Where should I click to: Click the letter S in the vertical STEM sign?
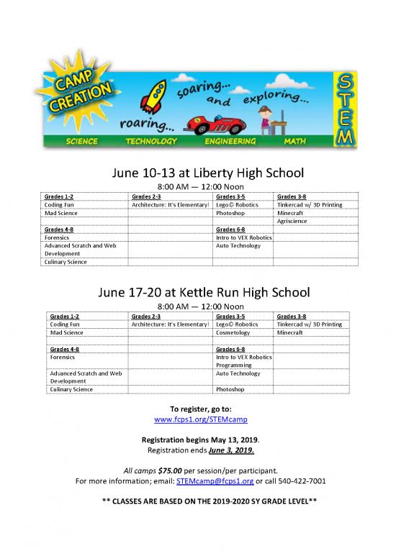tap(345, 80)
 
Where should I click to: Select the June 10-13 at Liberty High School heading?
tap(197, 173)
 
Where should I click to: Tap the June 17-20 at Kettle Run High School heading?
tap(197, 293)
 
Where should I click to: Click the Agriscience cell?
tap(292, 222)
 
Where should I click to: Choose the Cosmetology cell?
tap(233, 333)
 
